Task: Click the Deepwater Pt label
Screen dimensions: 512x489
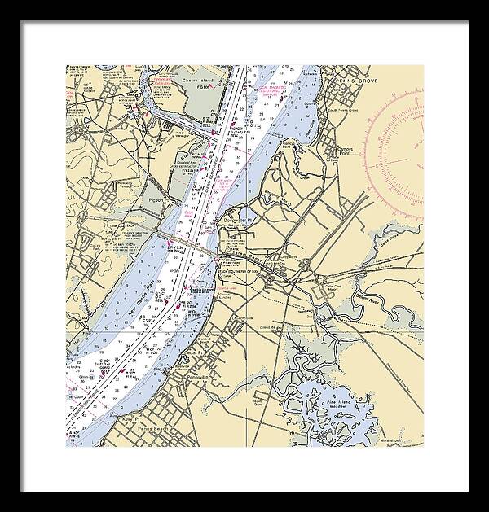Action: coord(240,221)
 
